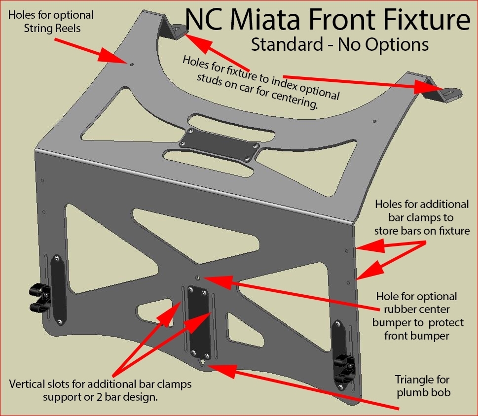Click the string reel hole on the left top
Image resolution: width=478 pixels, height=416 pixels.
(x=132, y=64)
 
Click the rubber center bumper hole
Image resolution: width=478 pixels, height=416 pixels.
(x=197, y=278)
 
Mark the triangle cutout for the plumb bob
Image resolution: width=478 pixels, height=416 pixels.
(x=201, y=364)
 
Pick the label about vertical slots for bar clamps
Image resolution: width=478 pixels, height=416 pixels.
(x=101, y=390)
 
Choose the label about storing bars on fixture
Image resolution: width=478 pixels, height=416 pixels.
(x=421, y=217)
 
